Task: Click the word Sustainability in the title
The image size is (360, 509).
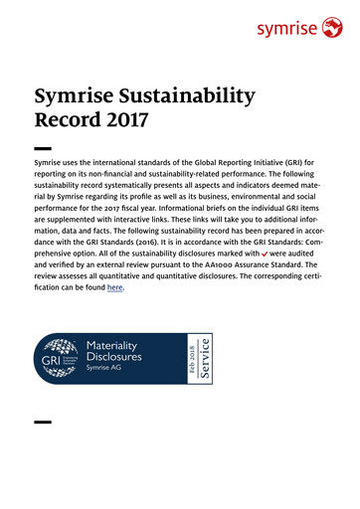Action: coord(194,97)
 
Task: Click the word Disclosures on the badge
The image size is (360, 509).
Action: coord(114,355)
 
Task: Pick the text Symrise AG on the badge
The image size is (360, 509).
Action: coord(107,368)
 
